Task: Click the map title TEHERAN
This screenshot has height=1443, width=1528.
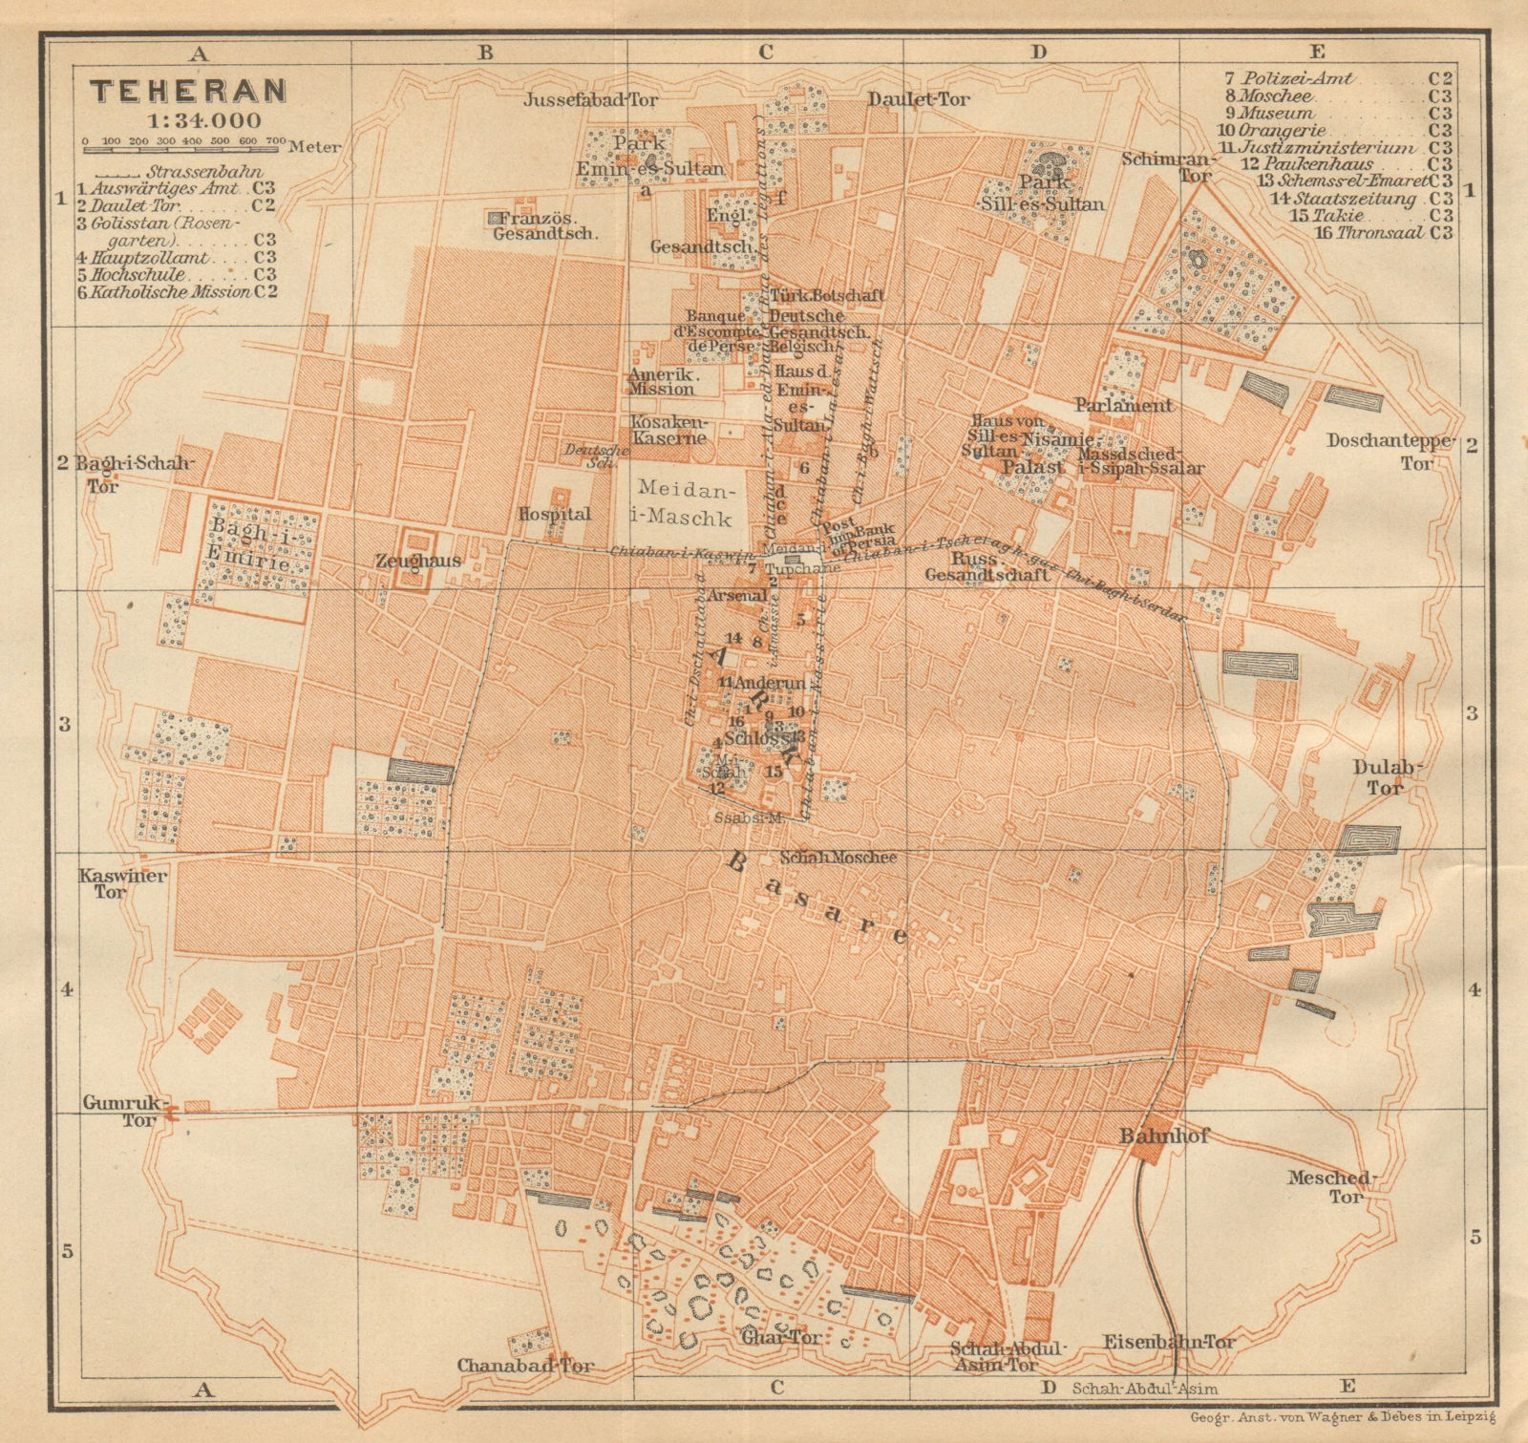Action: coord(187,91)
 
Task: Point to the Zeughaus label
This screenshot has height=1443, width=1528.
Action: coord(425,561)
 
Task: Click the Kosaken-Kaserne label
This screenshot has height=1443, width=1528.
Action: coord(668,429)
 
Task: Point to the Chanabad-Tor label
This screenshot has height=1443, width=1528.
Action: coord(525,1366)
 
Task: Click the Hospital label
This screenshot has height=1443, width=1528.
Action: coord(555,514)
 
